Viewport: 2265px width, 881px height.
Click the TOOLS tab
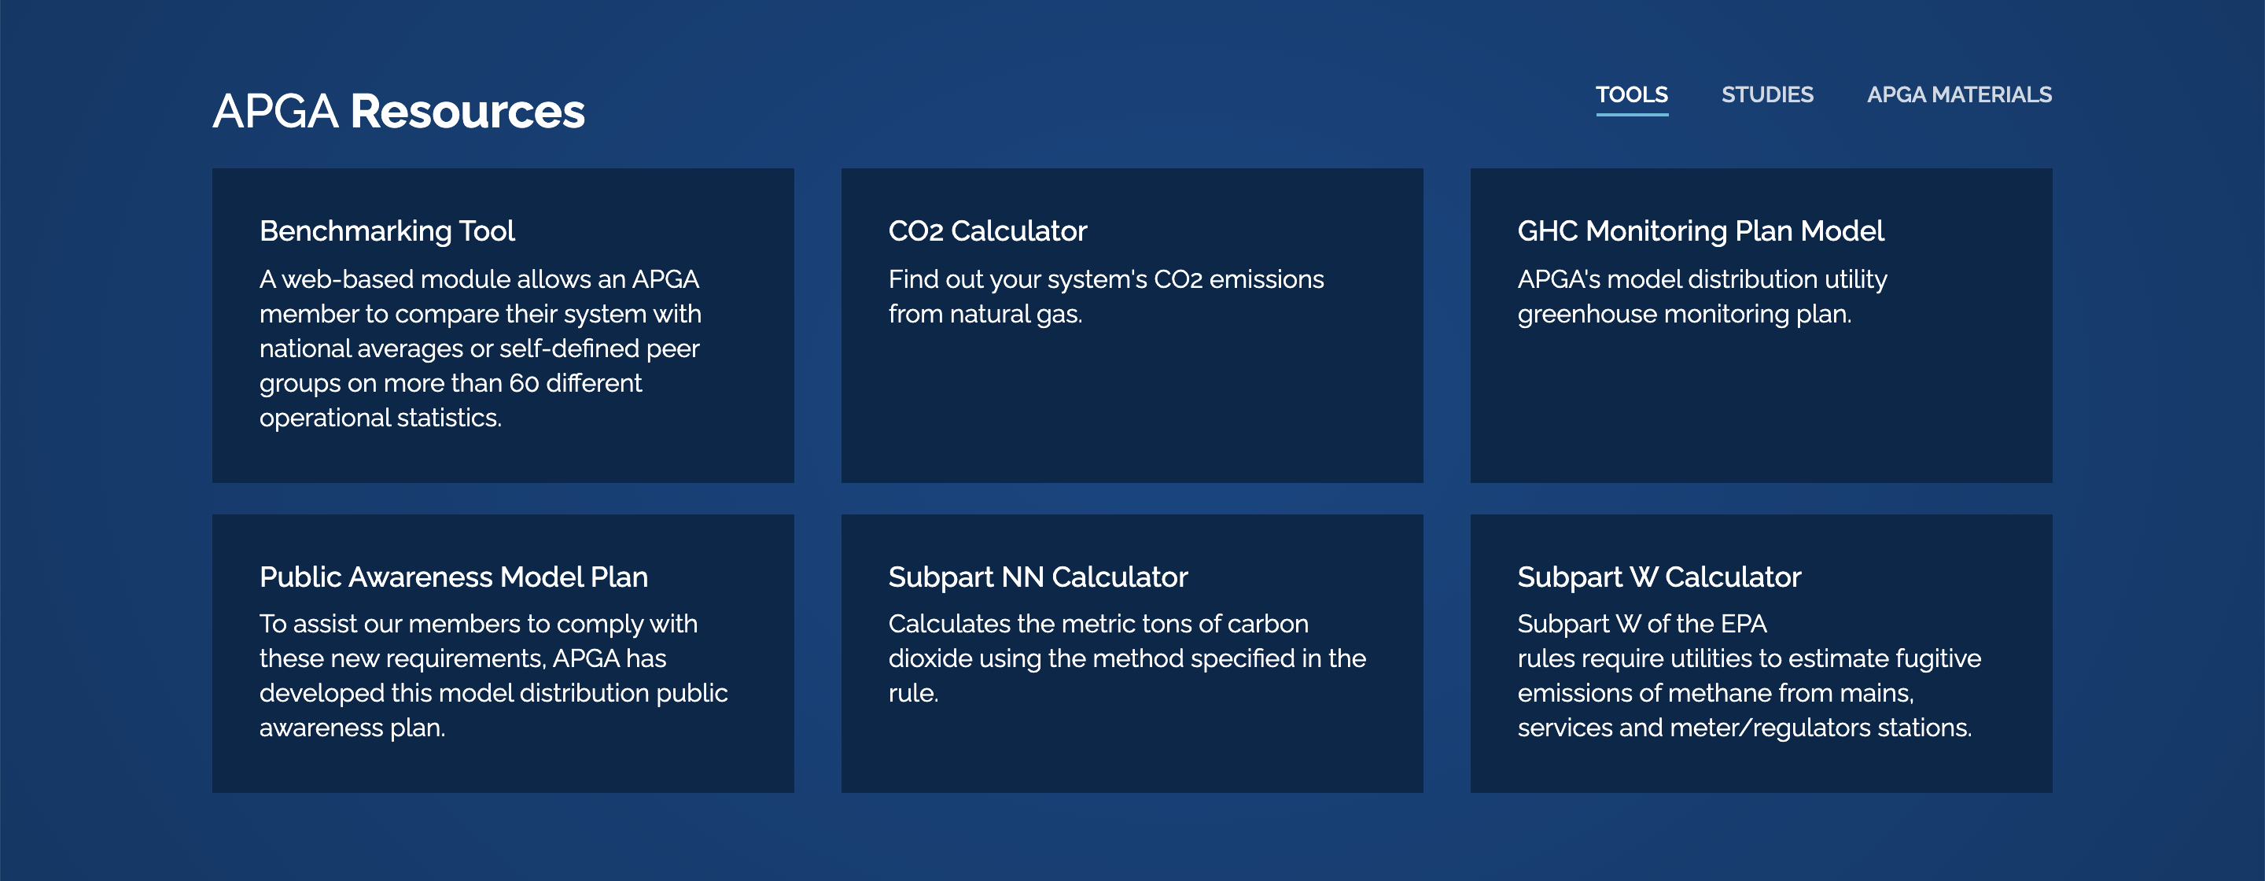click(x=1632, y=94)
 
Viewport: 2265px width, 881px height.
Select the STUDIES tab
click(x=1767, y=94)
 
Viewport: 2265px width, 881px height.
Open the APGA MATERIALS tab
click(x=1959, y=94)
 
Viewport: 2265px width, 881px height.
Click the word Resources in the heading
click(x=468, y=112)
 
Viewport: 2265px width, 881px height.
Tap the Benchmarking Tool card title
click(x=387, y=230)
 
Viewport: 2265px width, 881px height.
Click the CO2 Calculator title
click(x=988, y=230)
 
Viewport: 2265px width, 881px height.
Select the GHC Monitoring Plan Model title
click(x=1700, y=230)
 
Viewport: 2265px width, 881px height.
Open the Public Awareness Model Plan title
click(x=454, y=577)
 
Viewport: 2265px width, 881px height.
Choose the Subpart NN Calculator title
click(x=1037, y=577)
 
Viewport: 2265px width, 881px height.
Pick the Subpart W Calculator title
click(x=1659, y=577)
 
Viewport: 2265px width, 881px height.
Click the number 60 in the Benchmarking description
click(x=524, y=383)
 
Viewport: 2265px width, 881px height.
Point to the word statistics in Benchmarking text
click(x=449, y=418)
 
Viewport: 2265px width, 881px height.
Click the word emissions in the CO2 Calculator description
click(x=1267, y=279)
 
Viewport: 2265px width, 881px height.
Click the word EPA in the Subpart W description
click(x=1744, y=625)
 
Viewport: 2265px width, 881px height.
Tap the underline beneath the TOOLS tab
click(x=1632, y=114)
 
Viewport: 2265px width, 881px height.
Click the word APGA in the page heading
click(x=275, y=112)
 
